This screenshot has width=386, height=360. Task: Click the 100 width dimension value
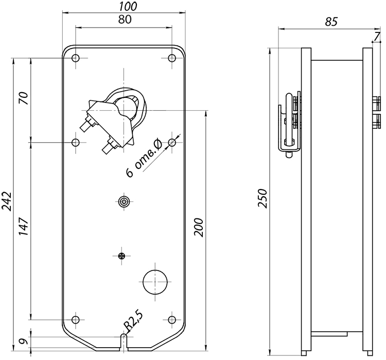[128, 6]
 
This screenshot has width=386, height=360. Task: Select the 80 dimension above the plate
[125, 20]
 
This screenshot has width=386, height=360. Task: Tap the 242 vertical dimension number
[7, 201]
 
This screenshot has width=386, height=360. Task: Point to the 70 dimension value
[24, 98]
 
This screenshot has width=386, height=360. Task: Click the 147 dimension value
[24, 226]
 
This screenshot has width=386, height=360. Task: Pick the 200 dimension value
[199, 227]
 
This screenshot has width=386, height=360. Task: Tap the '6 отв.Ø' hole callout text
[144, 158]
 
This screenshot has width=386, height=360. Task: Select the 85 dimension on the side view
[331, 22]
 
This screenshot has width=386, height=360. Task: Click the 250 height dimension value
[262, 198]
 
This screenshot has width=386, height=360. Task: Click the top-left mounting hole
[75, 58]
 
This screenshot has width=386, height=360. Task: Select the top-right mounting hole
[172, 58]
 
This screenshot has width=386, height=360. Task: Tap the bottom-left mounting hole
[76, 320]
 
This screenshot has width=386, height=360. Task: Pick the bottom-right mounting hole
[172, 320]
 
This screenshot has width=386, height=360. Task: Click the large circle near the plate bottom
[155, 282]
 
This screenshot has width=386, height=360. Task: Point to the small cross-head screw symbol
[121, 256]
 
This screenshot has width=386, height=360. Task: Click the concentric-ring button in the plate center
[124, 201]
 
